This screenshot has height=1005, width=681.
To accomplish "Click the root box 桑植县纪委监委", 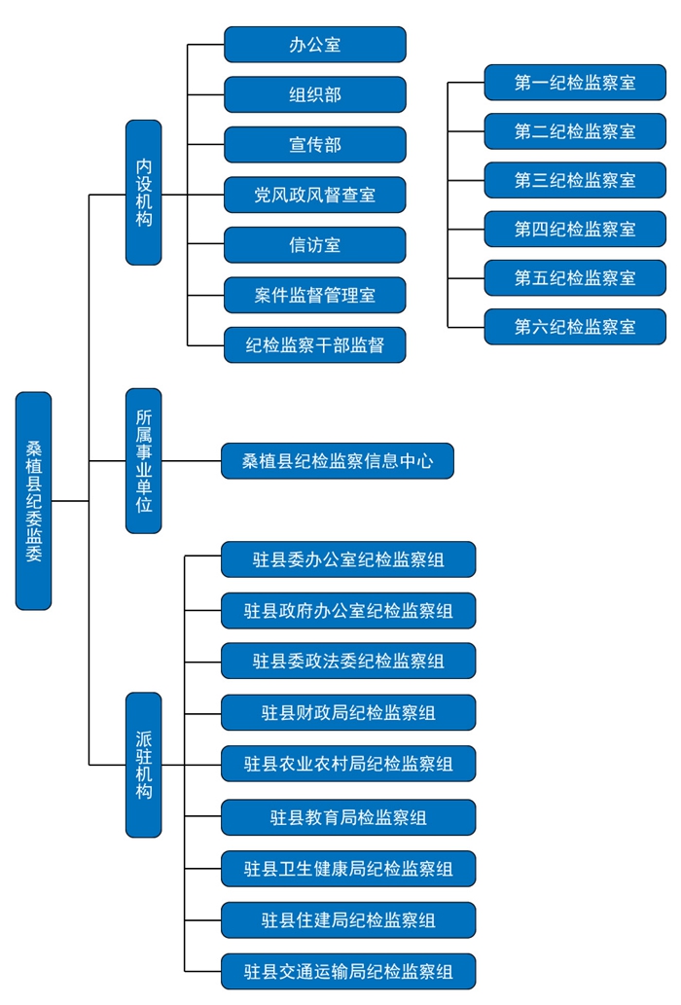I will click(33, 501).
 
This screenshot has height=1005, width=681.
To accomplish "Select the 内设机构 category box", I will click(144, 193).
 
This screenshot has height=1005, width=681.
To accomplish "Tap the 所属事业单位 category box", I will click(144, 460).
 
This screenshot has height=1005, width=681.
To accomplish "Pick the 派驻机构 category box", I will click(144, 765).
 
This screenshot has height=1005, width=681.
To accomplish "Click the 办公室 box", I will click(314, 45).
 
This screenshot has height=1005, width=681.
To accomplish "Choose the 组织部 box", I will click(314, 94).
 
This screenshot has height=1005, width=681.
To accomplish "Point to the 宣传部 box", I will click(314, 145).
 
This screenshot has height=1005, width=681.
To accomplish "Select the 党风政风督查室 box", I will click(314, 196).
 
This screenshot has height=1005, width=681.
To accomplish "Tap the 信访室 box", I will click(314, 245).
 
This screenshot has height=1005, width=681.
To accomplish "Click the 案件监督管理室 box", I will click(314, 295).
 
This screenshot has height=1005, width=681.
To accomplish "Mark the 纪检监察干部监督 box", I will click(314, 345).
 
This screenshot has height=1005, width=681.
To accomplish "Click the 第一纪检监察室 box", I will click(575, 83).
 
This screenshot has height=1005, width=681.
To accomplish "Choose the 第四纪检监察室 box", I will click(575, 229).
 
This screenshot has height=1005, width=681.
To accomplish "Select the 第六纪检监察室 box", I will click(575, 327).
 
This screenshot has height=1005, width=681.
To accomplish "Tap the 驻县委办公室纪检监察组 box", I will click(348, 559).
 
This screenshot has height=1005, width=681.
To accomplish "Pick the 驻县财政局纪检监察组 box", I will click(348, 712).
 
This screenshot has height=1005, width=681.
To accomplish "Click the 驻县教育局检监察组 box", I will click(348, 817).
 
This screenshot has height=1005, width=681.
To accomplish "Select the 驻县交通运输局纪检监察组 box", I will click(348, 971).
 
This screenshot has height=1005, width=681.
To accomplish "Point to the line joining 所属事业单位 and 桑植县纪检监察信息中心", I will click(192, 461).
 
